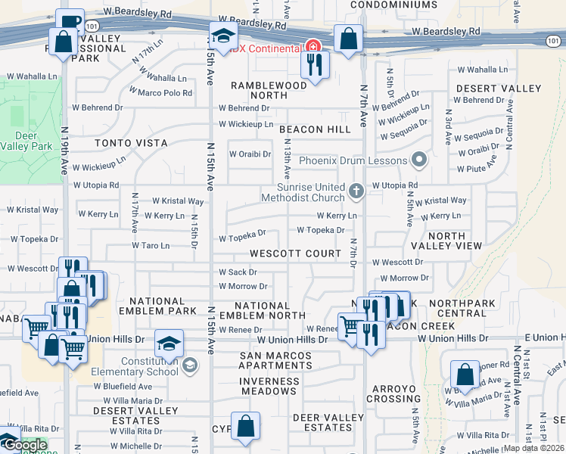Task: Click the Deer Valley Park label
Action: coord(33,141)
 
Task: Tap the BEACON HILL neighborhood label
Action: coord(315,130)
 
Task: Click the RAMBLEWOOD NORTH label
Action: coord(269,91)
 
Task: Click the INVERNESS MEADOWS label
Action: coord(268,386)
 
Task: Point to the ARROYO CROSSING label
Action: coord(393,393)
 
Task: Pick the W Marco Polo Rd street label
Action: coord(160,92)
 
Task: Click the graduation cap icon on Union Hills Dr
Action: coord(169,344)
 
